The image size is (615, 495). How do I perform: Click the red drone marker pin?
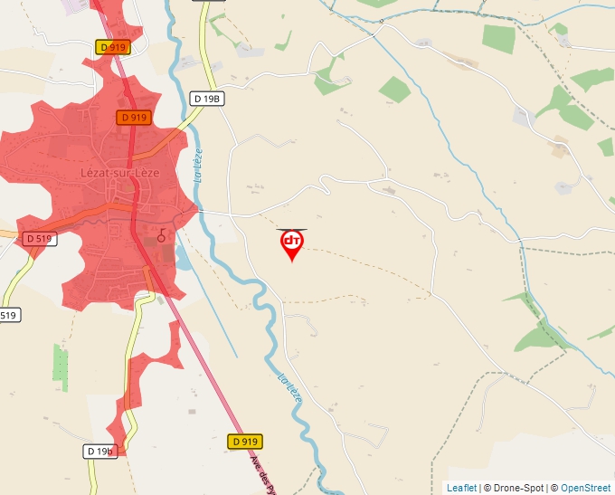(291, 243)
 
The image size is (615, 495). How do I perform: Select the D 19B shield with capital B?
(207, 99)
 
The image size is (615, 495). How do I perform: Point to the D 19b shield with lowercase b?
(101, 451)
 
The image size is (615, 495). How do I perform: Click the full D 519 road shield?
(41, 238)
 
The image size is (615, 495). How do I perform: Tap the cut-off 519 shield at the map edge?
(8, 315)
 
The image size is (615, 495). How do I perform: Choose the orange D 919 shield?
(133, 118)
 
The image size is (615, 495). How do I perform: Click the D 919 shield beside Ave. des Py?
(244, 442)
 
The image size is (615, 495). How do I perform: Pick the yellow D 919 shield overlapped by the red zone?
(114, 47)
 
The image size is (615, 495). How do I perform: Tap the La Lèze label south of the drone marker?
(289, 387)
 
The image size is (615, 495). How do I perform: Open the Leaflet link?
(461, 488)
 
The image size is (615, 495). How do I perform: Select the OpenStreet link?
(585, 488)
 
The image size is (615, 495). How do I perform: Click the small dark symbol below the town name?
(162, 235)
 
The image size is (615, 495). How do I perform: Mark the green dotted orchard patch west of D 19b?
(61, 362)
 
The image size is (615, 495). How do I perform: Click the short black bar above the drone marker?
(291, 229)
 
